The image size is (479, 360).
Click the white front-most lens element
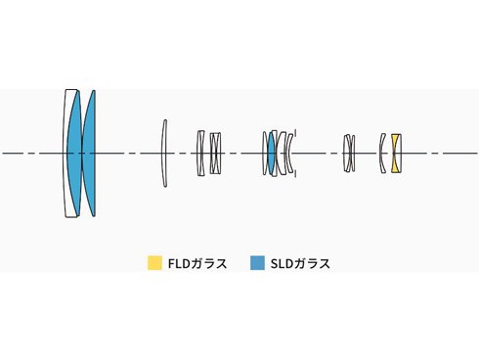tap(65, 154)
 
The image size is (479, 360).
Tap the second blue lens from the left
tap(89, 154)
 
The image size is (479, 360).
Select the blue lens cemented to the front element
tap(74, 154)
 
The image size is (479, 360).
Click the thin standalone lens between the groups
tap(164, 154)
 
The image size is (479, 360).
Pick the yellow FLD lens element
tap(395, 154)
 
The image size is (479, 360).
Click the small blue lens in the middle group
tap(271, 154)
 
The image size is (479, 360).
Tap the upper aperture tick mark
tap(295, 132)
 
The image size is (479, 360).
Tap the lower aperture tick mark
tap(295, 173)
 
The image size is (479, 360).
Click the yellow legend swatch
tap(154, 263)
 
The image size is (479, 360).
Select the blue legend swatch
tap(257, 263)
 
